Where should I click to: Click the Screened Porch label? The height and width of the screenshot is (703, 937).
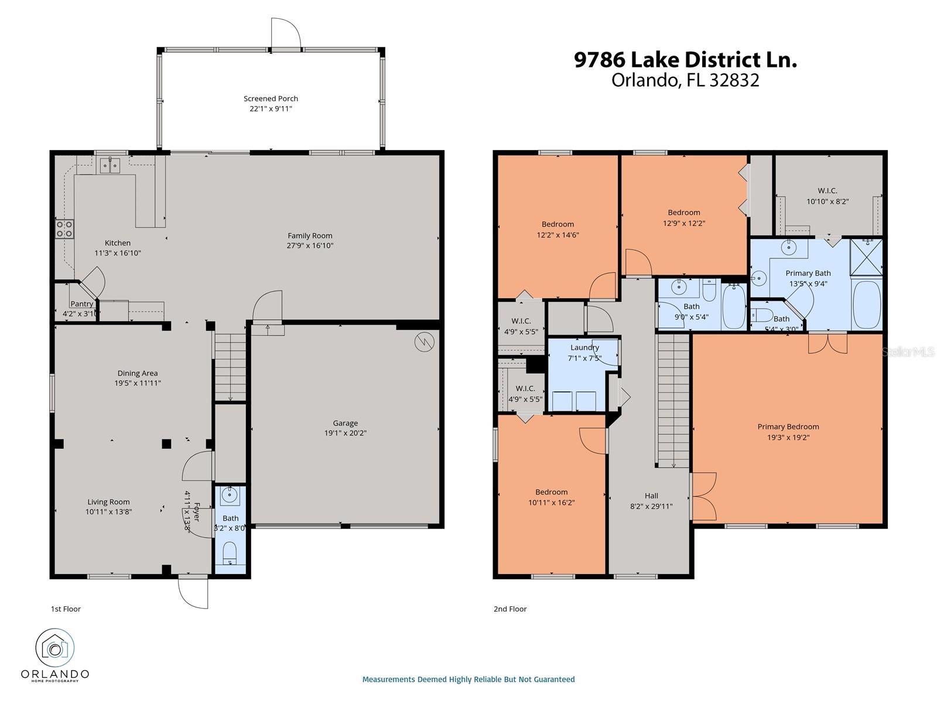271,98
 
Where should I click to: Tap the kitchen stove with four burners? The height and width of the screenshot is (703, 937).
64,228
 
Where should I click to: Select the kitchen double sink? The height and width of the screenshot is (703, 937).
110,166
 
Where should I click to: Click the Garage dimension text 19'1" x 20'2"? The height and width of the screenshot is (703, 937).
346,434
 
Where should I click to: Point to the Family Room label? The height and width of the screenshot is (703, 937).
310,236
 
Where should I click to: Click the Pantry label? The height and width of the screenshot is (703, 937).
82,303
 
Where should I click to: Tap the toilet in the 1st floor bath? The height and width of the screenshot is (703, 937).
230,552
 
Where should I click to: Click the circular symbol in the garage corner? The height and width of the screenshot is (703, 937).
425,342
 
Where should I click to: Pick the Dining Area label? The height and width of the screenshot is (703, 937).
137,373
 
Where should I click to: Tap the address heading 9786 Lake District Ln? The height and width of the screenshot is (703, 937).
685,60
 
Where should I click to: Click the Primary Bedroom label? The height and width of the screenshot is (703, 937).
788,426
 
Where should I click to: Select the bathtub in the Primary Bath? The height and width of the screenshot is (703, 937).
867,305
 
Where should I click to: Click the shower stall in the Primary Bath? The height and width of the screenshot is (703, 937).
866,256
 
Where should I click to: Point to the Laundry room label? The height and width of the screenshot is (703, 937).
584,347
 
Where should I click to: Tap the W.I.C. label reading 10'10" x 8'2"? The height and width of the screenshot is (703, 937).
827,201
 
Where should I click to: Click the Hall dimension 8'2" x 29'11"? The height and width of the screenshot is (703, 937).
651,506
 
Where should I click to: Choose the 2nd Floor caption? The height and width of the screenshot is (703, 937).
510,609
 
